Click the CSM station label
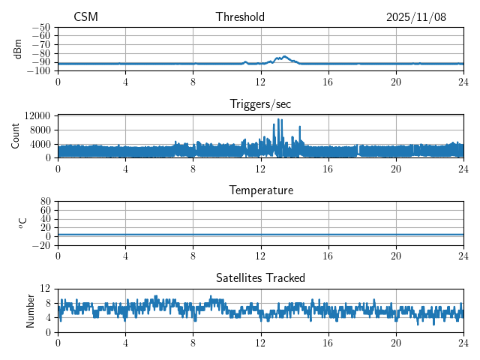click(x=85, y=17)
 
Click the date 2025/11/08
click(x=416, y=17)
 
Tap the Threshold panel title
click(x=240, y=17)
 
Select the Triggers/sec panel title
click(x=260, y=104)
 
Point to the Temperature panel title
click(x=261, y=190)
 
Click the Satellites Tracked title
click(x=260, y=277)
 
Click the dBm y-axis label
click(x=18, y=49)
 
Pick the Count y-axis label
click(x=16, y=136)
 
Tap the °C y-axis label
click(x=22, y=223)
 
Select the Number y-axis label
click(x=31, y=310)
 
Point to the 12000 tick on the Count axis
click(x=37, y=115)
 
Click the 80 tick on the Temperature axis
click(x=46, y=202)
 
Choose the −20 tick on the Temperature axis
click(x=42, y=245)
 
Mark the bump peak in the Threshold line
click(x=285, y=56)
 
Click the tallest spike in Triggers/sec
click(x=279, y=119)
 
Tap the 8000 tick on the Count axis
click(x=40, y=130)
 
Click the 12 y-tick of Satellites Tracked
click(x=46, y=289)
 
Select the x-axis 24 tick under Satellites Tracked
click(x=463, y=341)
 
